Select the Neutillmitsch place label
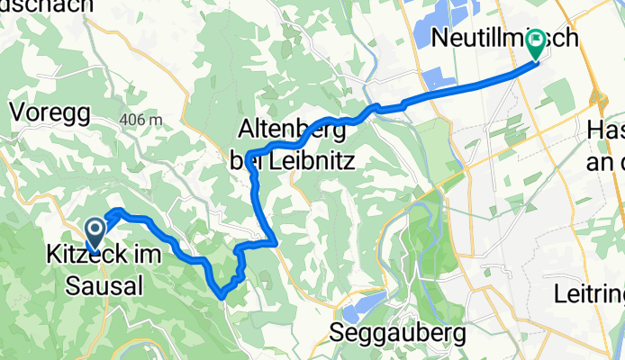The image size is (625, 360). click(491, 38)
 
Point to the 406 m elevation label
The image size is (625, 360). click(139, 121)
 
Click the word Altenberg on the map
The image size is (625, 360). click(294, 130)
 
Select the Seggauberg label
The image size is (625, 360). click(398, 334)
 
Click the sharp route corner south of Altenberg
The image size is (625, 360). click(273, 241)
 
